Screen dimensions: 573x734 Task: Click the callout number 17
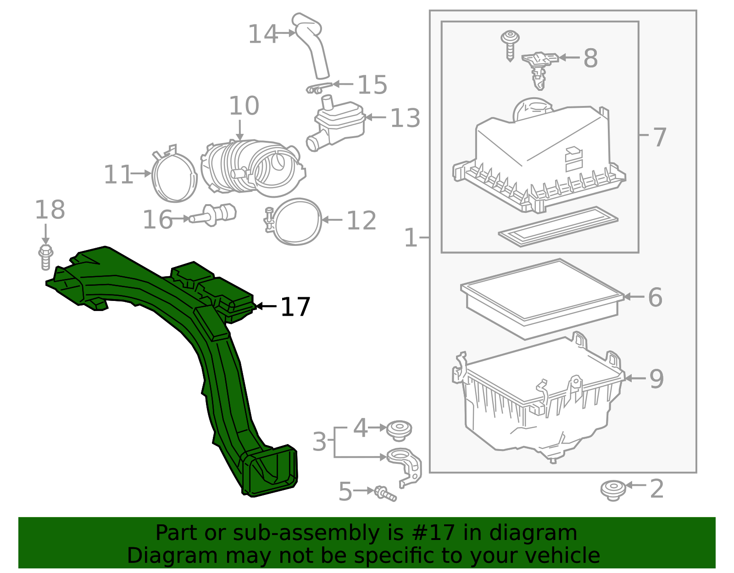(x=295, y=307)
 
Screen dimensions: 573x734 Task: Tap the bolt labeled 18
(x=45, y=257)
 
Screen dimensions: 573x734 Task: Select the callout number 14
(x=262, y=34)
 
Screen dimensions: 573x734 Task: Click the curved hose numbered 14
(x=313, y=46)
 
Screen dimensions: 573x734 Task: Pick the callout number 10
(x=244, y=106)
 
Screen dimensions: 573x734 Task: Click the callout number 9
(x=656, y=379)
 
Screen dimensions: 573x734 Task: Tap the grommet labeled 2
(x=613, y=490)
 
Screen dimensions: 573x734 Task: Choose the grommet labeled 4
(x=399, y=430)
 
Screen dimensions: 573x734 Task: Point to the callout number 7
(x=659, y=137)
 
